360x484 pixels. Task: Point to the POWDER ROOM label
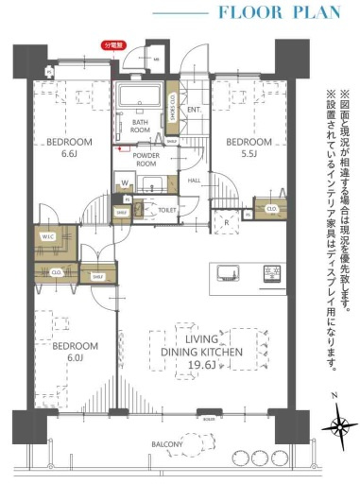coord(146,159)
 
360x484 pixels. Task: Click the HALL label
coord(194,181)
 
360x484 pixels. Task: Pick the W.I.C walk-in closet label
coord(47,236)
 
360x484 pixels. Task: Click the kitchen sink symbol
coord(230,274)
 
